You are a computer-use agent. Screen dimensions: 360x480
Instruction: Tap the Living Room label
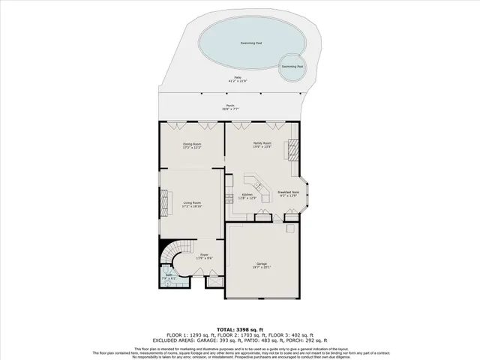click(193, 204)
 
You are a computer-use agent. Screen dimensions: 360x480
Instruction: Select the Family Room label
click(262, 144)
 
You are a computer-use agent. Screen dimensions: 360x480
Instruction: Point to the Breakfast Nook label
click(289, 193)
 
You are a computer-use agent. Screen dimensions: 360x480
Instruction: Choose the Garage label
click(262, 265)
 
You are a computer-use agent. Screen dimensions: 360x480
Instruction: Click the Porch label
click(230, 106)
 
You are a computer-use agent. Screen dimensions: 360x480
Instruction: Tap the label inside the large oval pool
click(250, 43)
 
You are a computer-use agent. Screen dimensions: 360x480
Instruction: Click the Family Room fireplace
click(294, 151)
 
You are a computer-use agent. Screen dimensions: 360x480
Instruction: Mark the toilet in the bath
click(166, 283)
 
